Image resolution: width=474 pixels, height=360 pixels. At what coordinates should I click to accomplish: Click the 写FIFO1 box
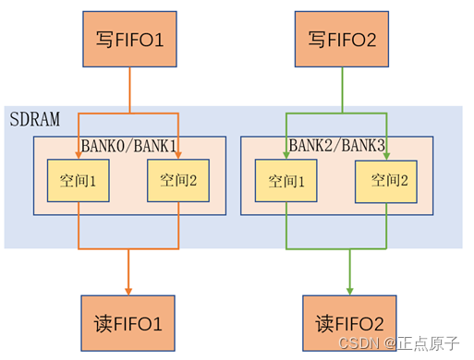tap(128, 40)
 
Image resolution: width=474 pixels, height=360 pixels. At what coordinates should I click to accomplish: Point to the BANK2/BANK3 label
tap(336, 145)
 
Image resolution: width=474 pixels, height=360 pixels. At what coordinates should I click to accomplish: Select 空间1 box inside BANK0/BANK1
tap(79, 179)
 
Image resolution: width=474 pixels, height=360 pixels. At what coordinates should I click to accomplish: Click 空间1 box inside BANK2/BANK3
tap(286, 179)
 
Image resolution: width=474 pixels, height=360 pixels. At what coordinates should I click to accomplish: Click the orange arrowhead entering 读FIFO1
tap(128, 289)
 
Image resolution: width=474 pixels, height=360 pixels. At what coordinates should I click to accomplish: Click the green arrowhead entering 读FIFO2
tap(349, 289)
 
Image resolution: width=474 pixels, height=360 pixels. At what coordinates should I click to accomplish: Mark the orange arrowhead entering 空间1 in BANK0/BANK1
tap(79, 152)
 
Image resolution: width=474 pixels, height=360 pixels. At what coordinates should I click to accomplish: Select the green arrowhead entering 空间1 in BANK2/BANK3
tap(286, 152)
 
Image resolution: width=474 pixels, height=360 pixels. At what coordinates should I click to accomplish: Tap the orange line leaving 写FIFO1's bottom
tap(128, 88)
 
